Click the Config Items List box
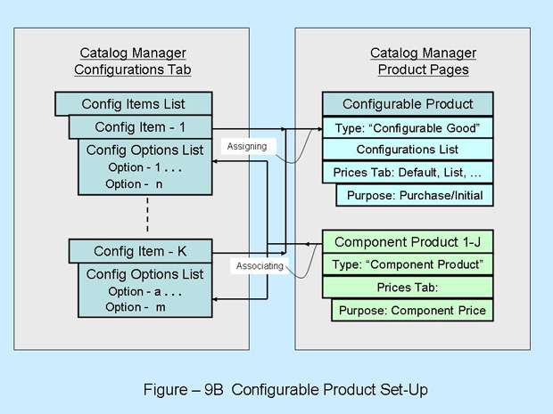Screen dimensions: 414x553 point(134,104)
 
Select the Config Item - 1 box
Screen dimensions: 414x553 point(140,127)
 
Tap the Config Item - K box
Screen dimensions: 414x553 point(140,251)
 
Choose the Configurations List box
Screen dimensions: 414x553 point(407,150)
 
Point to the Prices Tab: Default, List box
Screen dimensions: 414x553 point(407,172)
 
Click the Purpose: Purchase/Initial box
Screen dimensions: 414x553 point(414,195)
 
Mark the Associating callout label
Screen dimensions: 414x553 point(260,265)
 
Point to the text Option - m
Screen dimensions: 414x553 point(136,307)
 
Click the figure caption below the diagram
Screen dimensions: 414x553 point(276,388)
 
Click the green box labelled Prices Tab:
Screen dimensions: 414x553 point(407,288)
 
